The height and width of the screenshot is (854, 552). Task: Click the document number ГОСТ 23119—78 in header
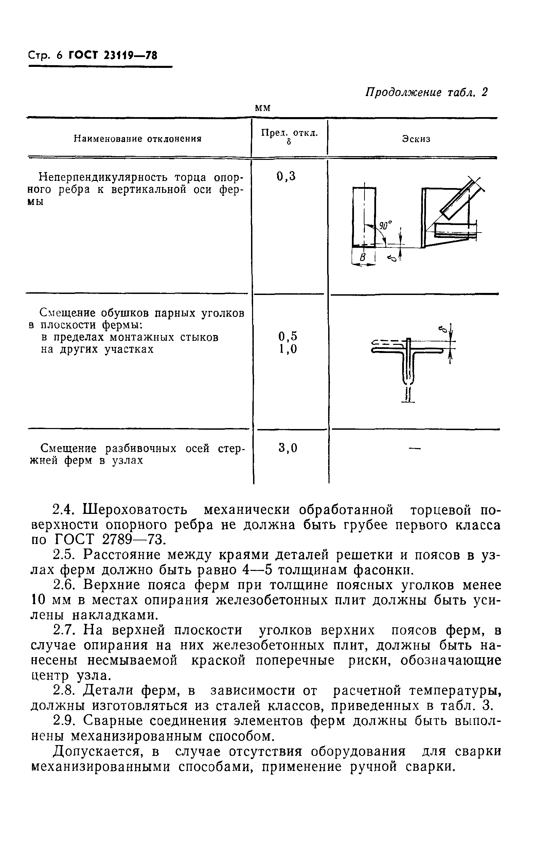[x=113, y=56]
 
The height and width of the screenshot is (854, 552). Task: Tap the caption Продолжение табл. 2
[x=426, y=92]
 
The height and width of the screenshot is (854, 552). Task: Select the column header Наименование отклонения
[x=138, y=138]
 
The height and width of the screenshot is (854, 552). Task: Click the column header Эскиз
[x=416, y=139]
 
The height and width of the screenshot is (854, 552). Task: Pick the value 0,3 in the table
[x=286, y=176]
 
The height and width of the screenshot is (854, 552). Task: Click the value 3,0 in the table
[x=288, y=448]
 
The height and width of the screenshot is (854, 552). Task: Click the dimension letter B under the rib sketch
[x=363, y=257]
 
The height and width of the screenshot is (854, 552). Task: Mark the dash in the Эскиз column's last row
[x=414, y=448]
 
